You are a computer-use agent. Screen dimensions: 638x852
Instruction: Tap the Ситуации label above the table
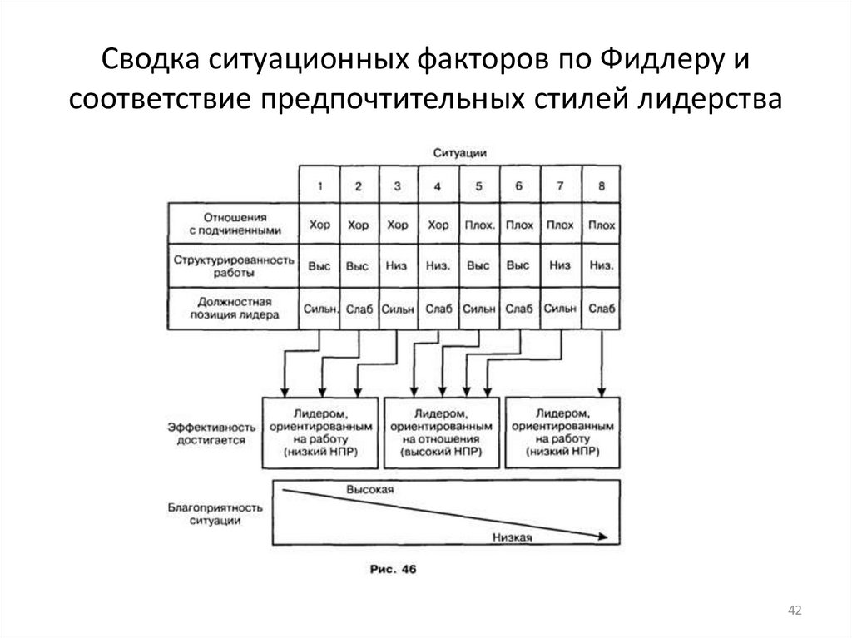tap(459, 153)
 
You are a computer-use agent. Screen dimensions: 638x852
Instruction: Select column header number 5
tap(478, 185)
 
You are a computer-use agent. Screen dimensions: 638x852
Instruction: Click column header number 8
tap(601, 185)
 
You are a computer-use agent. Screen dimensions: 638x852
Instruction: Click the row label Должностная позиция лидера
tap(234, 309)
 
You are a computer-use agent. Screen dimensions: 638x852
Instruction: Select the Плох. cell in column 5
tap(478, 225)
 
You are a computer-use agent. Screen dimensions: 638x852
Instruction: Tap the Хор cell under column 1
tap(319, 225)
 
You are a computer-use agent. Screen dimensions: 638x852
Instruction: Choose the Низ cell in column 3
tap(398, 266)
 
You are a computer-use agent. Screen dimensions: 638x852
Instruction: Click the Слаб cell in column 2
tap(358, 309)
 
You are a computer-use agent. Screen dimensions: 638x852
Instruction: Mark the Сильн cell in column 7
tap(560, 309)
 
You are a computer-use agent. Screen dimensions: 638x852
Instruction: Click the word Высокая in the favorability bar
tap(369, 491)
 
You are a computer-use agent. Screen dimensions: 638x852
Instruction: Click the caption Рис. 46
tap(391, 570)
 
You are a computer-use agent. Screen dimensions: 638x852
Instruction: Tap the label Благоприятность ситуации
tap(211, 512)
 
